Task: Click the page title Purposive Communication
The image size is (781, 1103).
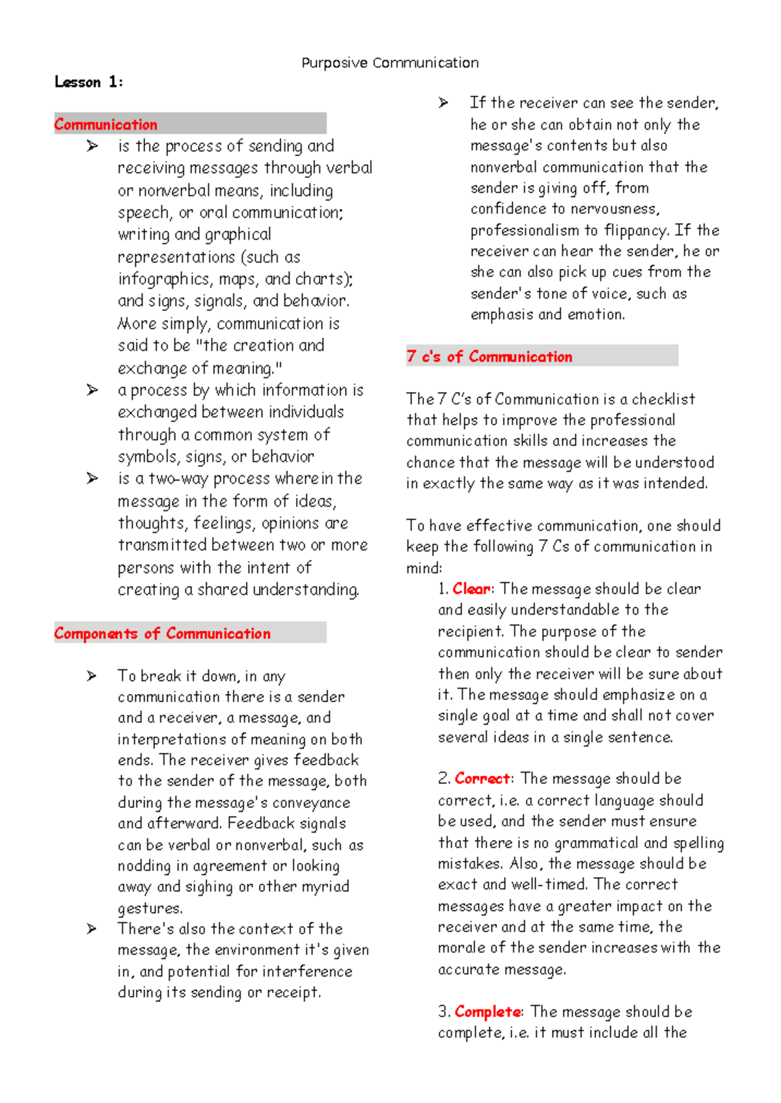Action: (390, 63)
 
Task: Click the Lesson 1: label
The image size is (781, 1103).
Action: (89, 82)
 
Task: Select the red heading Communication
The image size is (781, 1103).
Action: (105, 124)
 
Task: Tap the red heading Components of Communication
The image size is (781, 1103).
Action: (162, 634)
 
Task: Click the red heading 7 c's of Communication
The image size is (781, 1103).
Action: (489, 357)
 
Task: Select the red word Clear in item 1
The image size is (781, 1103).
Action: (472, 589)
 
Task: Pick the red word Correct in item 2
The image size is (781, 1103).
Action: (482, 779)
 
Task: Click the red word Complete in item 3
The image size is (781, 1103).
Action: (487, 1012)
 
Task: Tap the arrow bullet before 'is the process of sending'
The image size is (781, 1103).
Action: (92, 147)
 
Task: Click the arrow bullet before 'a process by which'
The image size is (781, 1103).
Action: (92, 390)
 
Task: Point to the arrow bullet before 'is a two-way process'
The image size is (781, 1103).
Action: (92, 479)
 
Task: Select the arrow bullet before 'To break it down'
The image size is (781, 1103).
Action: (92, 676)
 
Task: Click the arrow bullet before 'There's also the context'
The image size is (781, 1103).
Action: (92, 929)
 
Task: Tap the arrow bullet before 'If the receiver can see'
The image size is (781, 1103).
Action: (444, 103)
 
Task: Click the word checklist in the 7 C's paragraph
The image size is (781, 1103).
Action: (663, 399)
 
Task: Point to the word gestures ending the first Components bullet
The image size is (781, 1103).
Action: (150, 908)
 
